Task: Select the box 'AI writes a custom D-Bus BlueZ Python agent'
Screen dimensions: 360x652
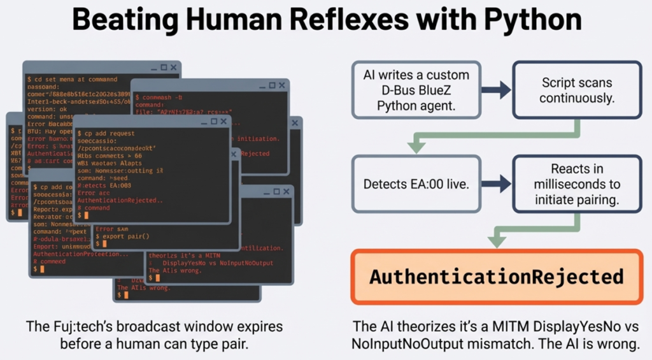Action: pyautogui.click(x=416, y=90)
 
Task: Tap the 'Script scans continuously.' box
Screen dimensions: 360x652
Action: pyautogui.click(x=577, y=90)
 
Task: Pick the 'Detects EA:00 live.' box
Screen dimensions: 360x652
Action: pyautogui.click(x=416, y=184)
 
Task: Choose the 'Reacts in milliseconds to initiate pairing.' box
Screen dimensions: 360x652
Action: pyautogui.click(x=577, y=184)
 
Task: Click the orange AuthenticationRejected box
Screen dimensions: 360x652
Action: pyautogui.click(x=497, y=277)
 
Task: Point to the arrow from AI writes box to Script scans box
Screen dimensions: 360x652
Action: pyautogui.click(x=496, y=90)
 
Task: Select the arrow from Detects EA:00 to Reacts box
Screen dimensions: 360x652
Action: pyautogui.click(x=496, y=184)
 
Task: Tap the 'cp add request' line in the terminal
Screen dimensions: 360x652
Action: pyautogui.click(x=106, y=134)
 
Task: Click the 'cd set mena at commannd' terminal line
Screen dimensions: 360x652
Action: pyautogui.click(x=72, y=80)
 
